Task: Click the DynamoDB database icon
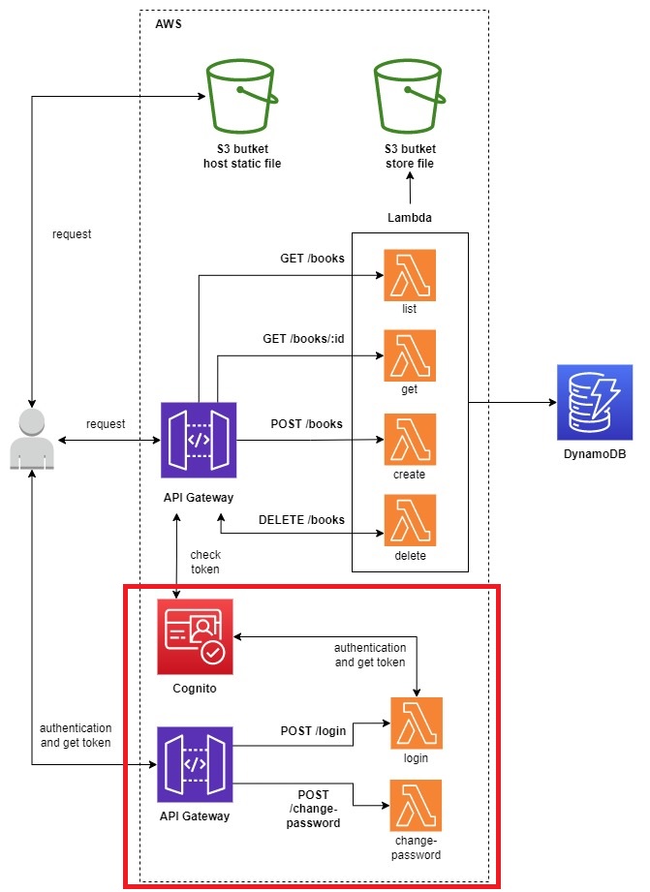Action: click(x=594, y=402)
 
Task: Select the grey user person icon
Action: click(x=33, y=440)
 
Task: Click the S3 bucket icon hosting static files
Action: click(x=242, y=97)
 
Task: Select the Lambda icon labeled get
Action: click(x=410, y=355)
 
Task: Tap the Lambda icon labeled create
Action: click(x=410, y=440)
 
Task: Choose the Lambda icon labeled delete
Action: click(x=410, y=520)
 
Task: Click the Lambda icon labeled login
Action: click(x=417, y=723)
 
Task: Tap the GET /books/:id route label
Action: click(x=304, y=340)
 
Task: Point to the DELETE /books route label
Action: click(x=301, y=519)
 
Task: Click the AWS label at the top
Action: click(x=168, y=23)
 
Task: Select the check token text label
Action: click(x=204, y=562)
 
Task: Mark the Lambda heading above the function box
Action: click(x=409, y=219)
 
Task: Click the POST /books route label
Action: click(x=306, y=424)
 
